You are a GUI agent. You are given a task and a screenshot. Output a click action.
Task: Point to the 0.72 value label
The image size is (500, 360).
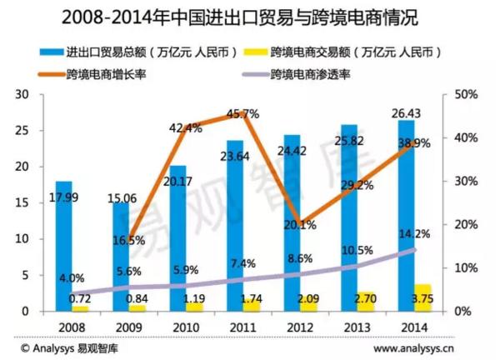pyautogui.click(x=79, y=298)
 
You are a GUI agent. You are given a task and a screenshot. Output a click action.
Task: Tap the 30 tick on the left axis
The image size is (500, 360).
pyautogui.click(x=22, y=95)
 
